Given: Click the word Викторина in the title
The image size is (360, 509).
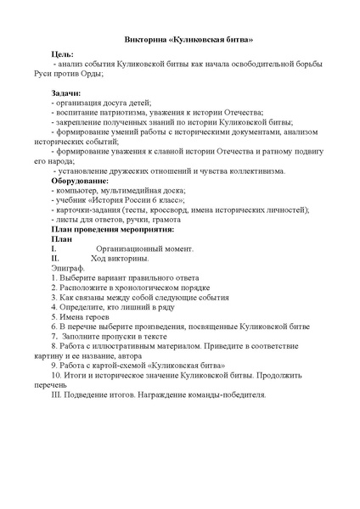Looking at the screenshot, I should point(143,40).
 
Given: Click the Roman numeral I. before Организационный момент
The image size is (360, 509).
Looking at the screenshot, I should point(54,248).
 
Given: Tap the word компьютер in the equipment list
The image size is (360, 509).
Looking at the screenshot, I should point(74,192).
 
